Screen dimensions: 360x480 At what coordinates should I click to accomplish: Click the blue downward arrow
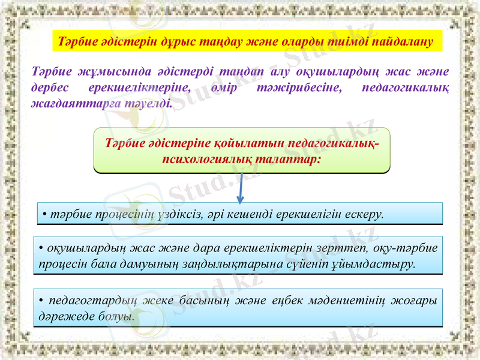pyautogui.click(x=241, y=188)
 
